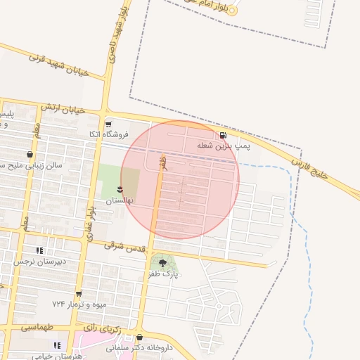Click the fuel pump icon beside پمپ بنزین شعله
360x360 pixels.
[223, 135]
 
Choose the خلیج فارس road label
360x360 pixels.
[310, 167]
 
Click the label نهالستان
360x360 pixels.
[119, 200]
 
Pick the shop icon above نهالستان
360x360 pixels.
[120, 189]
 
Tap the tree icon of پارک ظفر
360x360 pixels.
[163, 262]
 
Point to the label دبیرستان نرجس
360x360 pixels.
[40, 262]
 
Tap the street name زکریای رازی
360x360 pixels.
[103, 328]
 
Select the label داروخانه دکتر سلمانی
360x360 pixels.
[139, 348]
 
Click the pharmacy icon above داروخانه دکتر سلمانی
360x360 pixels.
[139, 337]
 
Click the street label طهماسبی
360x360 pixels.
[37, 327]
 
